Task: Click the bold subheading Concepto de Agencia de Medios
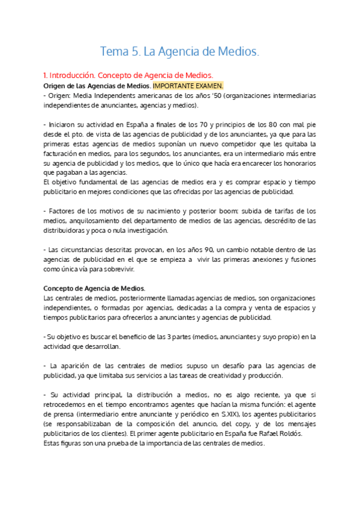pyautogui.click(x=94, y=289)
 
